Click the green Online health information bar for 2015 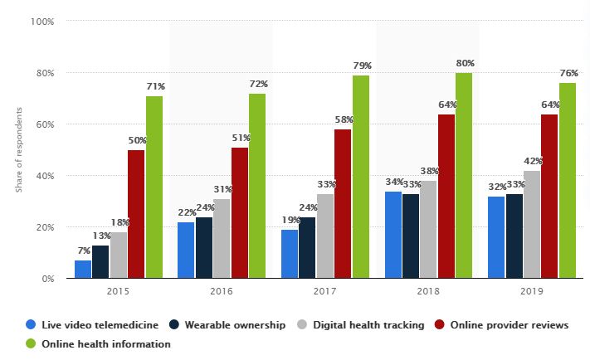pyautogui.click(x=154, y=187)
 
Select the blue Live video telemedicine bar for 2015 pyautogui.click(x=82, y=269)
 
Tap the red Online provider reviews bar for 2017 pyautogui.click(x=343, y=203)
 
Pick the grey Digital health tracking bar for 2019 pyautogui.click(x=531, y=224)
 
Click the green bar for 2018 pyautogui.click(x=464, y=175)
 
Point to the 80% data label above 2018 pyautogui.click(x=464, y=64)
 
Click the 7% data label pyautogui.click(x=82, y=251)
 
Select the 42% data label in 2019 pyautogui.click(x=531, y=162)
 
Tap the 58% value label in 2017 pyautogui.click(x=343, y=120)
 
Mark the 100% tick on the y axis pyautogui.click(x=42, y=22)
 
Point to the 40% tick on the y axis pyautogui.click(x=44, y=176)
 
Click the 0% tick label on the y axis pyautogui.click(x=46, y=279)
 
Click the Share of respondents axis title pyautogui.click(x=18, y=150)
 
